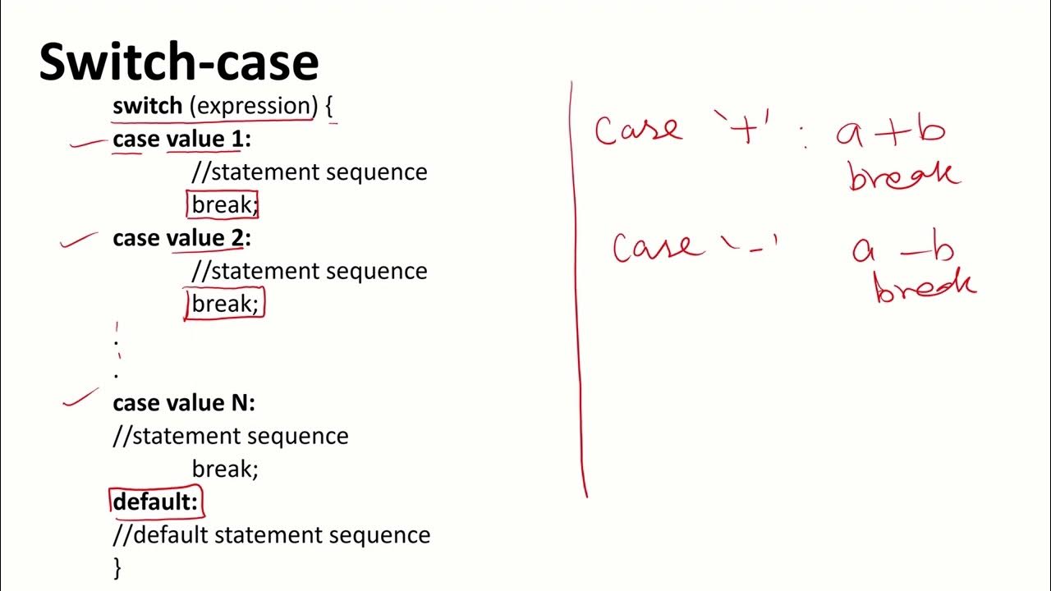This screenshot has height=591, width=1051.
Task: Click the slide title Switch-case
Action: pos(178,62)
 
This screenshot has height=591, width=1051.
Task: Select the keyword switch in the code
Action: pos(147,106)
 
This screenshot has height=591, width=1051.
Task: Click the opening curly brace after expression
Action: pos(330,108)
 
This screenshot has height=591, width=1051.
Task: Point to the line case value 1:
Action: pos(181,140)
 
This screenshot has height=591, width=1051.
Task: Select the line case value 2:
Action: pos(181,238)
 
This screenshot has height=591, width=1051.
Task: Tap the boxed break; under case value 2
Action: pos(224,304)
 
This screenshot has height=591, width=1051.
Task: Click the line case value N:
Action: pos(184,403)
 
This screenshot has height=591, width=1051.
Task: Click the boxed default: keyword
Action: pos(155,502)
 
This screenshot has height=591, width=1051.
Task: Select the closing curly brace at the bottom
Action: pos(117,567)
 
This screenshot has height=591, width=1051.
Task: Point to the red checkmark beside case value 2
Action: pos(79,239)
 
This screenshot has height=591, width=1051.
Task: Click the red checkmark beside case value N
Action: pos(80,399)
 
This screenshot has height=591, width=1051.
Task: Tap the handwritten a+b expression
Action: pos(890,133)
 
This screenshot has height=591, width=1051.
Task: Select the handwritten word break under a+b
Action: pos(902,176)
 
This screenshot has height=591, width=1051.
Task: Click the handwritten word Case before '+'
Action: pos(638,131)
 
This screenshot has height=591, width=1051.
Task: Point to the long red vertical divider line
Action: pos(579,287)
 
